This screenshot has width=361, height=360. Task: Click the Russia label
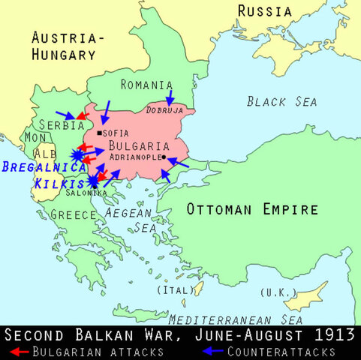pos(265,10)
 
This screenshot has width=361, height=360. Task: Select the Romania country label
pos(146,85)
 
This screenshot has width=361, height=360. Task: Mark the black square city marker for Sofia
pos(99,132)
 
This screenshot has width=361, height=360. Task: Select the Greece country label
pos(74,214)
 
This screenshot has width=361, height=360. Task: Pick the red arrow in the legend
pos(20,350)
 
